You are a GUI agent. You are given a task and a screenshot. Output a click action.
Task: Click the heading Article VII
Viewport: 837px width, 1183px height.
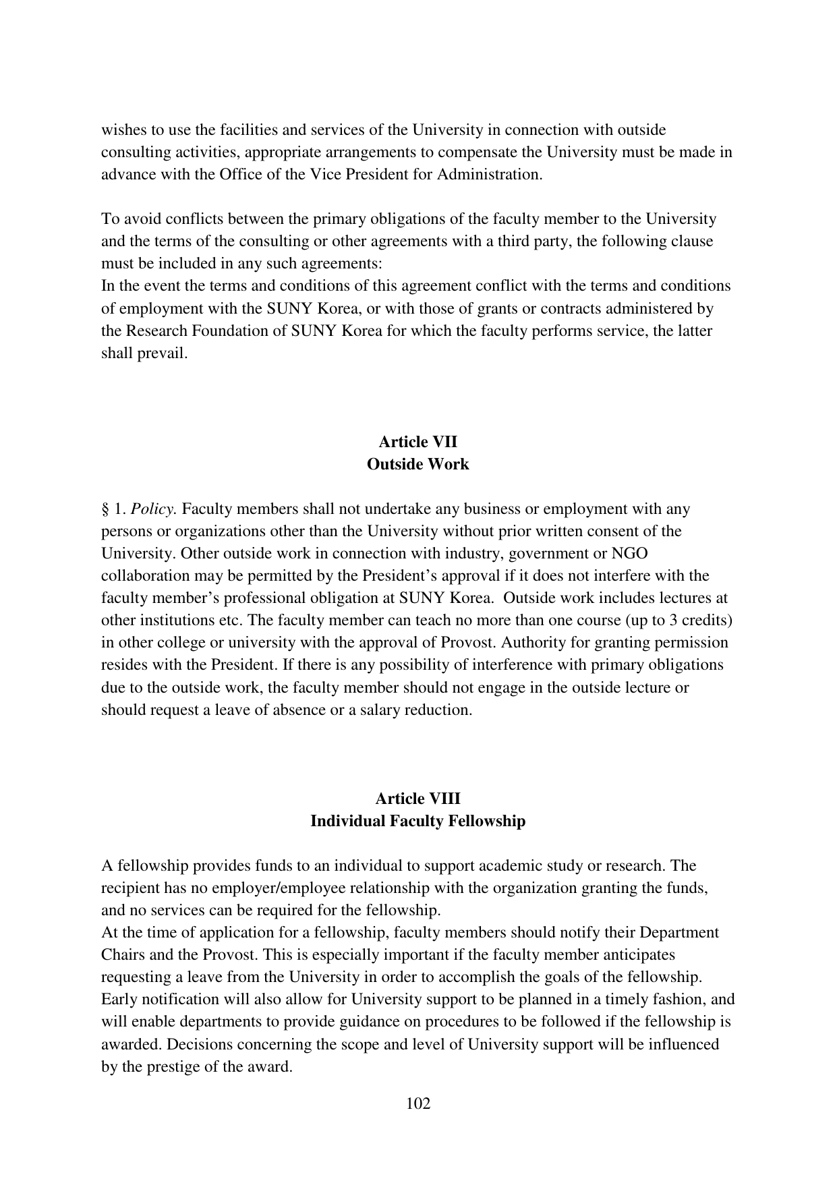click(x=417, y=442)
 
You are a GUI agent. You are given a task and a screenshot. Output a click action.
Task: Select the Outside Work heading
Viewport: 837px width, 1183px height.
click(x=417, y=465)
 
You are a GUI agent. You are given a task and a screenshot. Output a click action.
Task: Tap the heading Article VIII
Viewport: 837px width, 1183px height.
click(x=417, y=799)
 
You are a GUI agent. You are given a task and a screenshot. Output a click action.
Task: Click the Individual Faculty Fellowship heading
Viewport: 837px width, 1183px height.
click(x=417, y=821)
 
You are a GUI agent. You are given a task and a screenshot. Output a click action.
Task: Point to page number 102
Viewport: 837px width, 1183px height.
click(x=418, y=1104)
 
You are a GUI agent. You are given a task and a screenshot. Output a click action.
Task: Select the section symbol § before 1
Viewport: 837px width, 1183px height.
click(x=105, y=509)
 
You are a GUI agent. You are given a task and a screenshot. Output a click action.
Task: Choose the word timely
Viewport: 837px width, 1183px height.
click(x=634, y=1000)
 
